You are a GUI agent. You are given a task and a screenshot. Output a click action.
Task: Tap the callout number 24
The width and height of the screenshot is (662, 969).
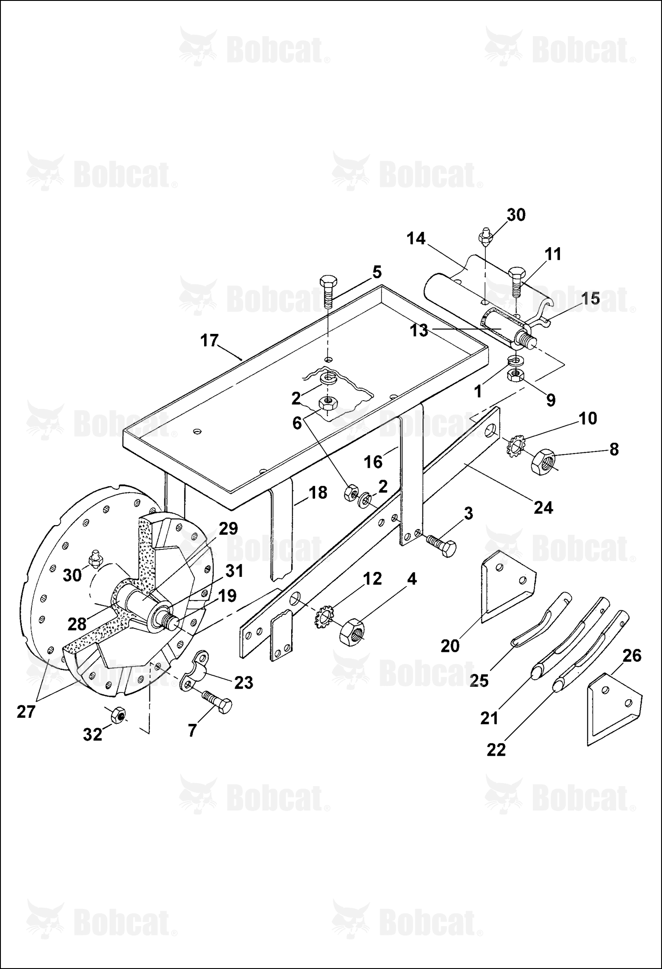click(543, 508)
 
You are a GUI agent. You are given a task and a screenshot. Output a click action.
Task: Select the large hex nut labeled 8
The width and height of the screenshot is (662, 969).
click(544, 462)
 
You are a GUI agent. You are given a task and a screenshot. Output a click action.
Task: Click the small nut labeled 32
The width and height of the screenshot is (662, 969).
click(118, 714)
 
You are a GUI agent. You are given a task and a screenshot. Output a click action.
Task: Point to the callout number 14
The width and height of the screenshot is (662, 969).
click(415, 239)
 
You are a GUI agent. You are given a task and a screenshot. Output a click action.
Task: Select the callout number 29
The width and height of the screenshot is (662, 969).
click(228, 529)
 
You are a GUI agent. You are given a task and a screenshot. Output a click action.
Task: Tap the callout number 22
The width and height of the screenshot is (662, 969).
click(496, 749)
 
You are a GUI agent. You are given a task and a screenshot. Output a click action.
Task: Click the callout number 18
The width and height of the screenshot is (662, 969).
click(317, 492)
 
